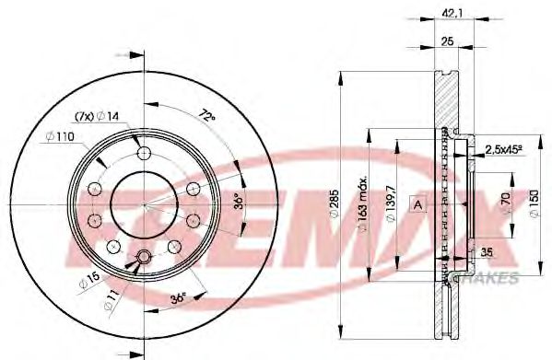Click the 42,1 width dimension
pyautogui.click(x=451, y=13)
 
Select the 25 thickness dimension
pyautogui.click(x=448, y=41)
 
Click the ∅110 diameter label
pyautogui.click(x=59, y=137)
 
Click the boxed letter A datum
pyautogui.click(x=417, y=203)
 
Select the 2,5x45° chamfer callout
pyautogui.click(x=504, y=147)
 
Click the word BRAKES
pyautogui.click(x=497, y=275)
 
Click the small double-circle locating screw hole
pyautogui.click(x=143, y=257)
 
